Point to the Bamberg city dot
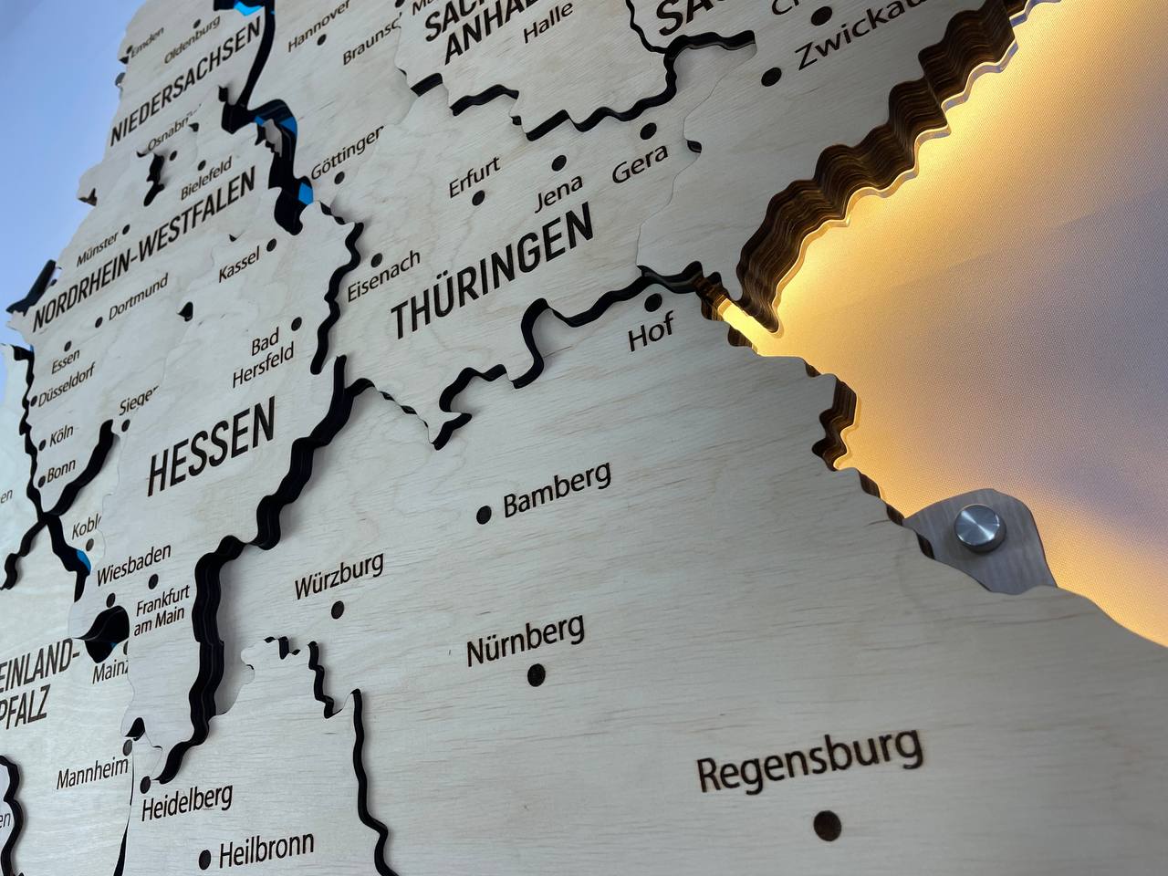[x=485, y=515]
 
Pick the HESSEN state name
[x=211, y=446]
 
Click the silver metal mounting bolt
[x=977, y=528]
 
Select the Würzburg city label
[x=338, y=576]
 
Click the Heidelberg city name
[x=187, y=800]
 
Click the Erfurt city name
[x=474, y=177]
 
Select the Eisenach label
[x=383, y=274]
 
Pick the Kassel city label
[x=240, y=264]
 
